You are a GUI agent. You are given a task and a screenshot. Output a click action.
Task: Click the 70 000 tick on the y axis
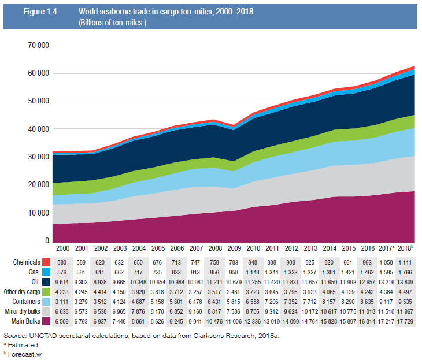click(x=38, y=46)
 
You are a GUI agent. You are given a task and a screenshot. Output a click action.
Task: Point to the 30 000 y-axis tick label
click(x=38, y=157)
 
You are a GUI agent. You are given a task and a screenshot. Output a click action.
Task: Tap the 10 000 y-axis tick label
click(x=38, y=213)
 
